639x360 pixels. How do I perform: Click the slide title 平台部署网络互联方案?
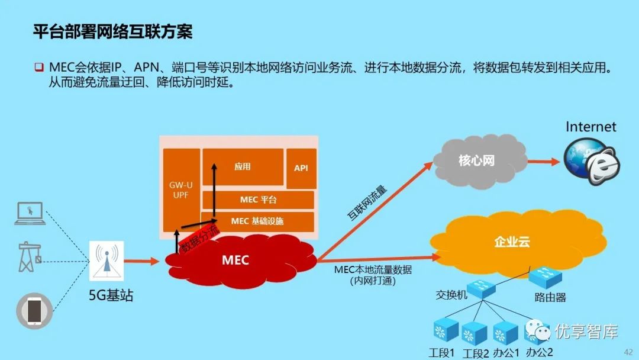112,31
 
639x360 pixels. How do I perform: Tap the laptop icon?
30,213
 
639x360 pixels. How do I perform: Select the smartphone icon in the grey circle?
34,310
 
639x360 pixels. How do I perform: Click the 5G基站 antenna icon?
107,261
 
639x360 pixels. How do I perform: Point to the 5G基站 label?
111,295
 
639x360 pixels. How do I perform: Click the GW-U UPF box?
180,190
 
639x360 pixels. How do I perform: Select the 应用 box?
243,167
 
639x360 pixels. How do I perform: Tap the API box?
301,168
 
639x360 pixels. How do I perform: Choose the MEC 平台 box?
258,200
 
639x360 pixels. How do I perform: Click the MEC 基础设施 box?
257,221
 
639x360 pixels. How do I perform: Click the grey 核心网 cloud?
476,160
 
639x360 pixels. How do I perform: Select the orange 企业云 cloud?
512,242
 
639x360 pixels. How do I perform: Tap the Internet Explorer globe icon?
591,158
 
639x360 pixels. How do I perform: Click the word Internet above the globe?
590,127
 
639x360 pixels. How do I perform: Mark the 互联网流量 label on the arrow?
367,203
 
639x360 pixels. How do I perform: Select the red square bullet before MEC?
38,66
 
